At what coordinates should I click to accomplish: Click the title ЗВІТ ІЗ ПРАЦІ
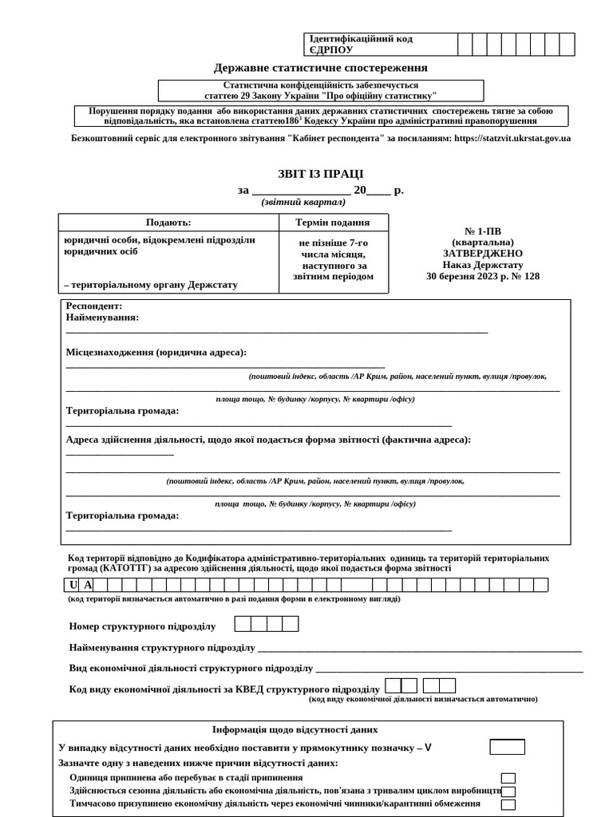[320, 174]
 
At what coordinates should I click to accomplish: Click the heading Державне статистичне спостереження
[320, 68]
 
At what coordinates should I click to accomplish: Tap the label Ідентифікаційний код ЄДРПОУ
[361, 44]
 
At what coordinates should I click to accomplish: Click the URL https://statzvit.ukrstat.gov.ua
[512, 138]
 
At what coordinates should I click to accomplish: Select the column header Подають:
[168, 223]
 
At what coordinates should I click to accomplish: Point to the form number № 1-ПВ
[483, 231]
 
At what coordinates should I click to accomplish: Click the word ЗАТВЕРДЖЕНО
[483, 253]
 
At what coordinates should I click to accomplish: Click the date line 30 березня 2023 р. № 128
[483, 276]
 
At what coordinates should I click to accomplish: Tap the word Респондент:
[94, 306]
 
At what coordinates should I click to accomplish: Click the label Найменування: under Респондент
[102, 318]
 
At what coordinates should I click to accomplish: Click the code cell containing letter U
[73, 586]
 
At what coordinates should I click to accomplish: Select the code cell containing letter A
[88, 586]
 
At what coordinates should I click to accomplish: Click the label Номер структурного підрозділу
[143, 626]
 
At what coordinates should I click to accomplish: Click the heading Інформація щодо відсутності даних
[295, 729]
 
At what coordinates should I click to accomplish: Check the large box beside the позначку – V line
[507, 748]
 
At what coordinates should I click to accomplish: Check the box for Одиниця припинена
[508, 778]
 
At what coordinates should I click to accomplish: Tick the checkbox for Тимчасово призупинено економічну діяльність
[508, 804]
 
